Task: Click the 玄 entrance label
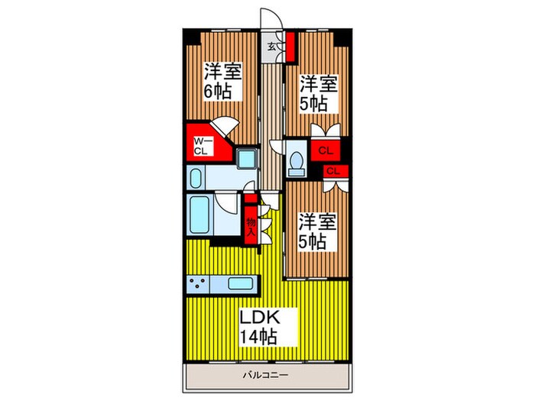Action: (271, 46)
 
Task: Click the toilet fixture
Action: (297, 160)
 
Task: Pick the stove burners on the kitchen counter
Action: (197, 283)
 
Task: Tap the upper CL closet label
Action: (325, 150)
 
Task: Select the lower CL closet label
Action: (333, 170)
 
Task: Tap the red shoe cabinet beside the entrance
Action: (290, 47)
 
